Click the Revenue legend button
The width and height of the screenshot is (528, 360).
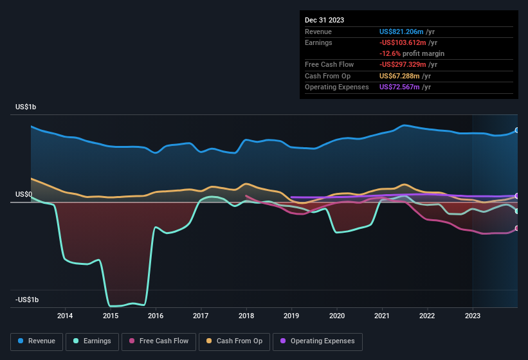(37, 341)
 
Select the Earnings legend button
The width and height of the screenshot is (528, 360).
(91, 341)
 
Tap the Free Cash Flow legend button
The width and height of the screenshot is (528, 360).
(159, 341)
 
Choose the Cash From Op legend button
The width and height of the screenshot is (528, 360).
(235, 341)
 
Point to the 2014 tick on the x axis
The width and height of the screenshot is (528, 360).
(64, 316)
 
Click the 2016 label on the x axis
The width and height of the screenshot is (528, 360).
(155, 316)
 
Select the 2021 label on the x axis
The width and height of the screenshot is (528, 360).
(382, 316)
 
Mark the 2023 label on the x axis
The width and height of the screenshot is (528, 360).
(473, 316)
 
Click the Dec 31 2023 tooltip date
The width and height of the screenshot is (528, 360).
(325, 20)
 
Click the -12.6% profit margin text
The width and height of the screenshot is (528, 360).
(412, 53)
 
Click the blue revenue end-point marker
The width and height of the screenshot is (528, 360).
(517, 130)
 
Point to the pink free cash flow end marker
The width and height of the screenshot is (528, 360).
(517, 228)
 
